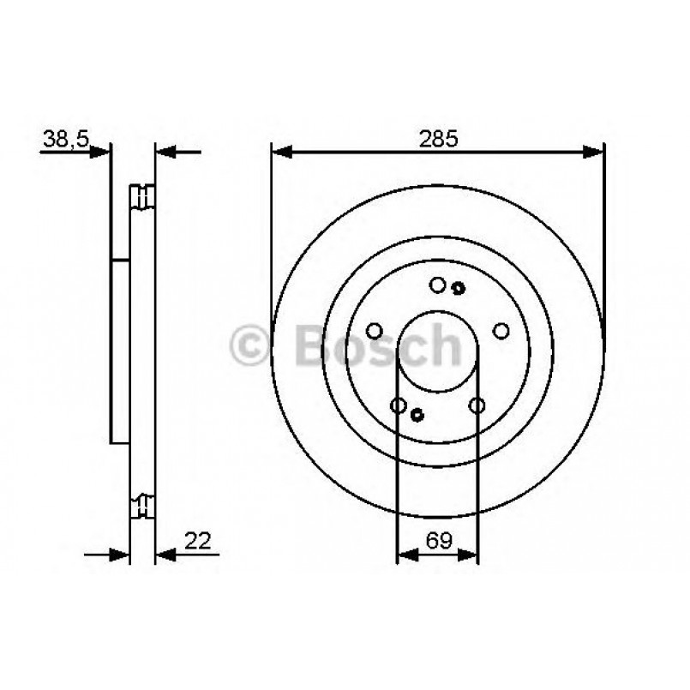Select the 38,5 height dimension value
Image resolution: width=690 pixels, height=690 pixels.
65,138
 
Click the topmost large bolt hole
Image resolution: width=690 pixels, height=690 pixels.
437,285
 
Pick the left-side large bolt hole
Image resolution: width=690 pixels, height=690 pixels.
374,331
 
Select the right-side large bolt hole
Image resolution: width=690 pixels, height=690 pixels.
501,331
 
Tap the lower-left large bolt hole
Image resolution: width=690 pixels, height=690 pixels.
398,405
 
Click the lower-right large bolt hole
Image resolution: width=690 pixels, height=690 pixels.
477,405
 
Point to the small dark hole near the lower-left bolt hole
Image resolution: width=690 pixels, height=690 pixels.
417,415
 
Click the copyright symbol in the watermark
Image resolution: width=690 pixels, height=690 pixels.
249,345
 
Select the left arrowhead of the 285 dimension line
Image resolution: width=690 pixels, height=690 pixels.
281,153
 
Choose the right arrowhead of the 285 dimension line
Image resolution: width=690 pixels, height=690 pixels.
593,153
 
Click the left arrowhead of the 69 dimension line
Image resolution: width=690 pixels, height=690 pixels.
406,555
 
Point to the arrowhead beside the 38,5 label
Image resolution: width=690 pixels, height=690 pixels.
101,153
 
